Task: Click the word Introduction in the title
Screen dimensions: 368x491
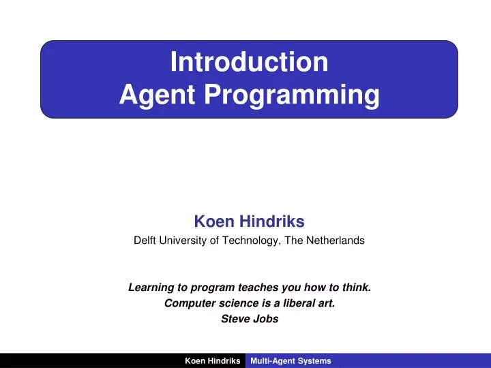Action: [249, 62]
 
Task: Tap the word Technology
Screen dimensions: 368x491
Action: [250, 241]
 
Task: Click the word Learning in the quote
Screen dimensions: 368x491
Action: [151, 288]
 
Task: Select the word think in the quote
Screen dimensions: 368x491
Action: [357, 288]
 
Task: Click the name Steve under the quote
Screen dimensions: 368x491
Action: [235, 319]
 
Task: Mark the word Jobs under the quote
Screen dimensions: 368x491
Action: [266, 319]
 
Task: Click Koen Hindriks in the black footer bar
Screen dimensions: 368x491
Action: [212, 361]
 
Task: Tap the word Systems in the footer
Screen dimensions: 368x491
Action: [315, 361]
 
